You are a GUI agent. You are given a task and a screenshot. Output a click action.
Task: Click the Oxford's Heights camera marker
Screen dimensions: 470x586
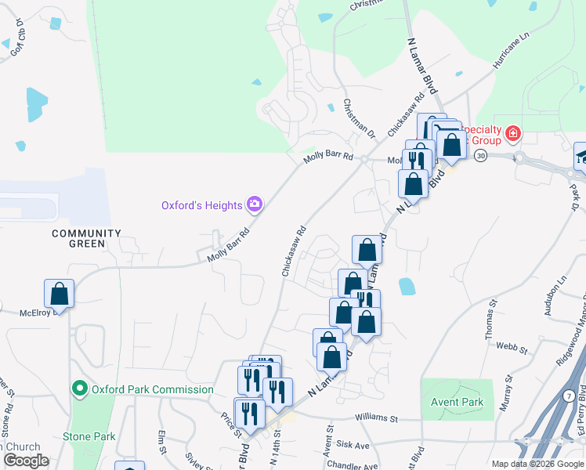(254, 205)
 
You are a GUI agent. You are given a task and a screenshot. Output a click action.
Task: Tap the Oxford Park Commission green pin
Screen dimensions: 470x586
(79, 389)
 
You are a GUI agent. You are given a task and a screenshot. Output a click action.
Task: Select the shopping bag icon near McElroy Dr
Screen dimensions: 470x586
(59, 295)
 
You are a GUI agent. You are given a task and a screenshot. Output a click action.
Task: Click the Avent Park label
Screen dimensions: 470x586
(457, 403)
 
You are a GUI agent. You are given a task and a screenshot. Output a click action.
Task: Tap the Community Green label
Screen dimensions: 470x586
(86, 238)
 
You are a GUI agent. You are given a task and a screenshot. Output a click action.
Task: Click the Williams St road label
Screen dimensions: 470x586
(378, 418)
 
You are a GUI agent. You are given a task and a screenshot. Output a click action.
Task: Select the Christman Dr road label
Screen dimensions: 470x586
(360, 120)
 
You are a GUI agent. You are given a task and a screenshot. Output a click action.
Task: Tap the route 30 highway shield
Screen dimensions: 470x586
(480, 156)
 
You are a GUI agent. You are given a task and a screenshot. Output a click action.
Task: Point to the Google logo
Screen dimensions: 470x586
(26, 461)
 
